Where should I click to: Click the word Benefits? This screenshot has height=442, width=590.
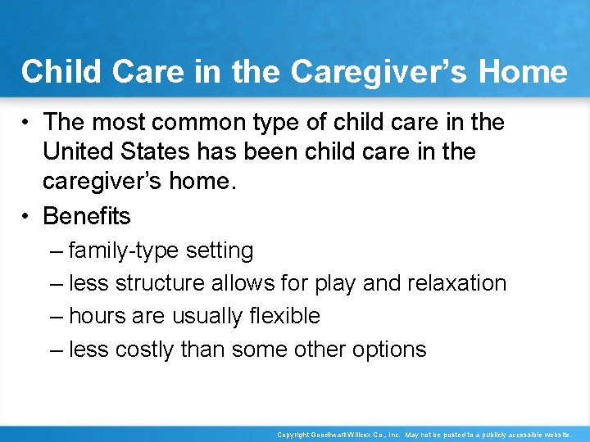[x=87, y=216]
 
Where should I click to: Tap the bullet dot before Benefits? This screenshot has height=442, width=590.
[x=27, y=217]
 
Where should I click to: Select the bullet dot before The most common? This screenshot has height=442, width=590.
[x=27, y=123]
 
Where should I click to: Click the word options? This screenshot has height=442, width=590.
[x=389, y=350]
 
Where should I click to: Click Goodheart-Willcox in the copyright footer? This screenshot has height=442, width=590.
[x=343, y=435]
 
